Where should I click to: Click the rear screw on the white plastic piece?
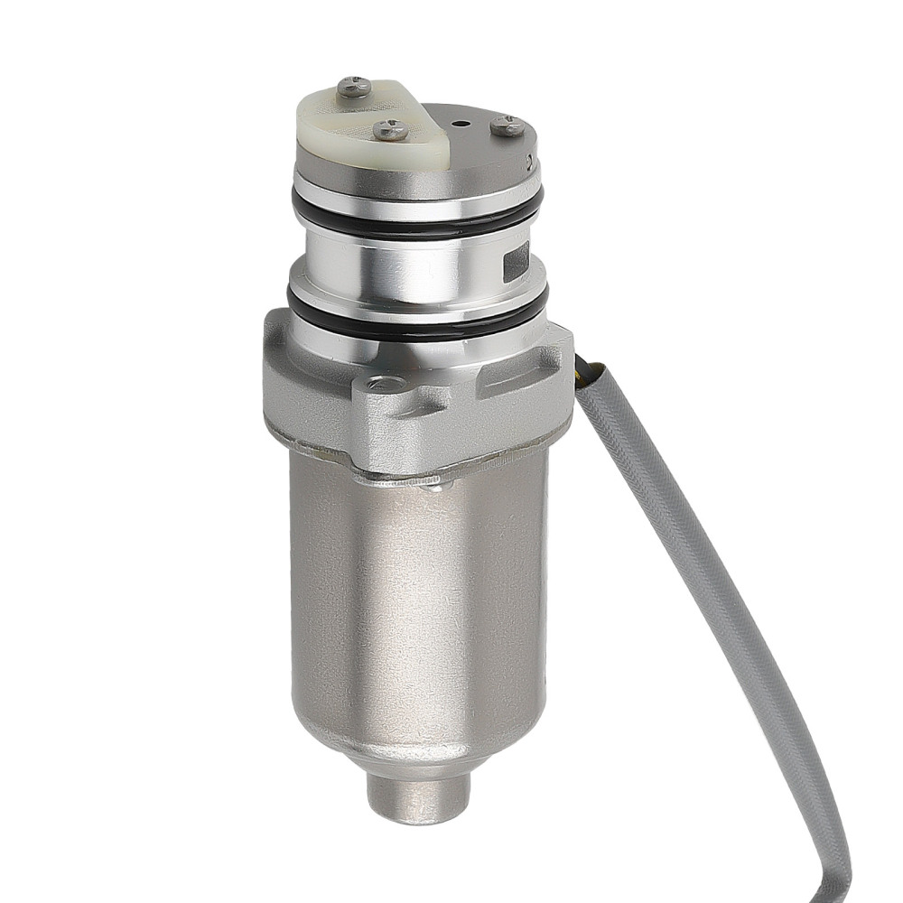(x=353, y=87)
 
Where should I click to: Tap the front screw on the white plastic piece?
(x=390, y=130)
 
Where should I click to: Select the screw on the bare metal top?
(x=507, y=126)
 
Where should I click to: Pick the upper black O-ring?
(x=415, y=222)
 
